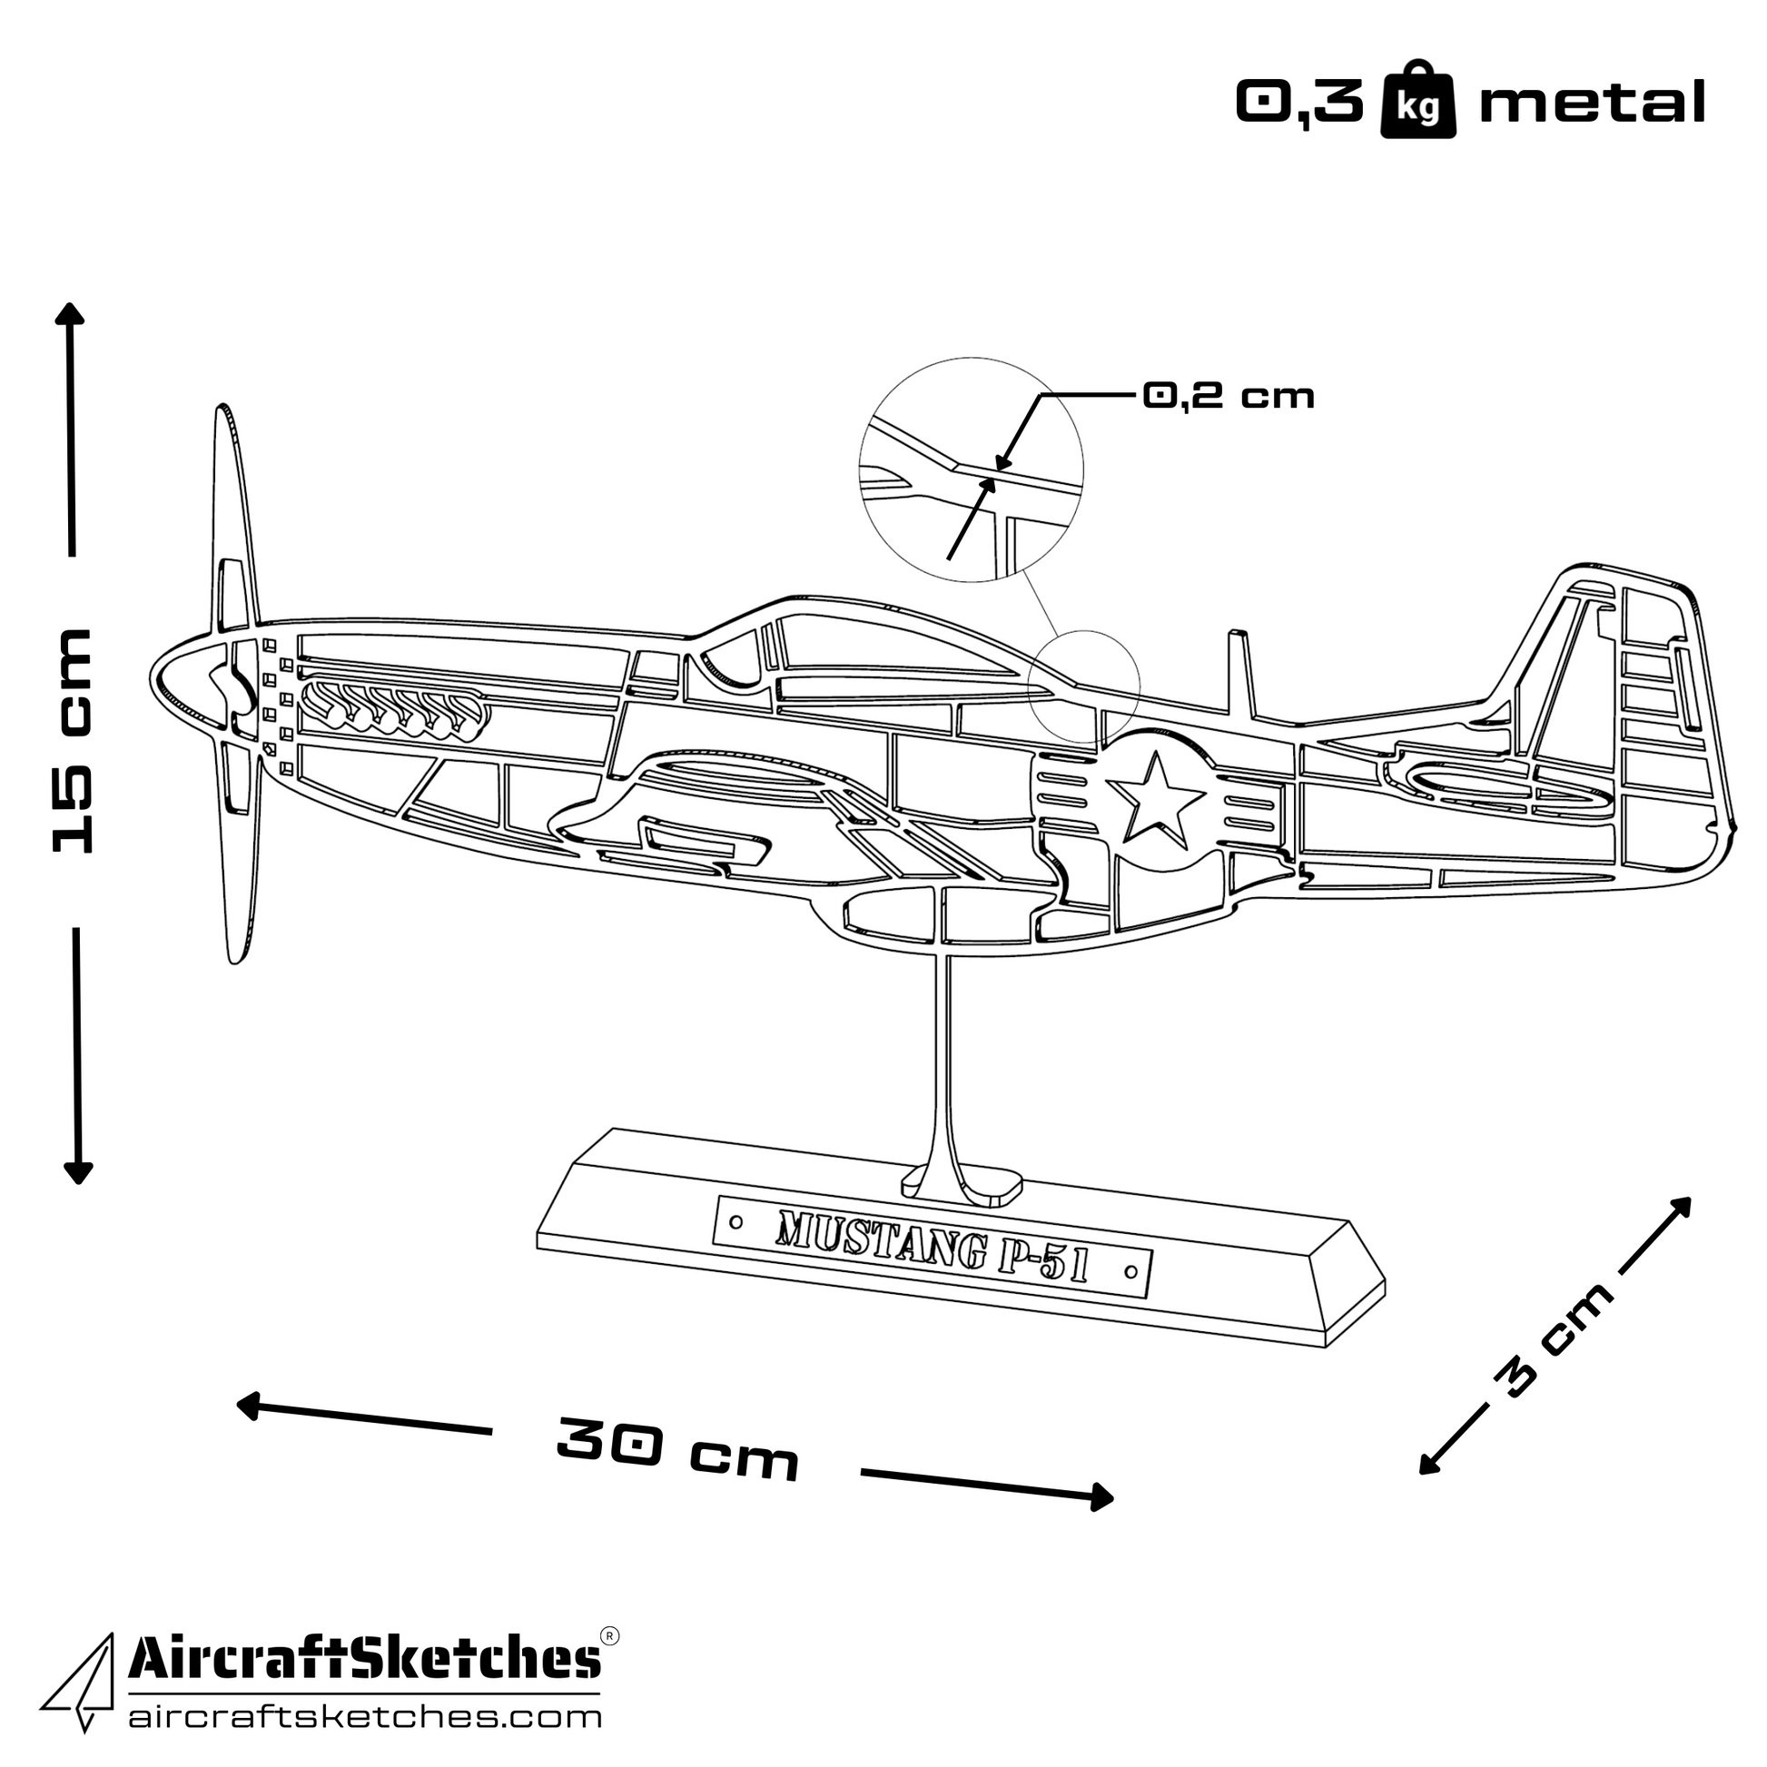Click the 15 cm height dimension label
[74, 741]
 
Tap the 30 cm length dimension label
[676, 1449]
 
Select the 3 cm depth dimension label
[1551, 1339]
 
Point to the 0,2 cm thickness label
[1229, 396]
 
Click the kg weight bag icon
[1417, 101]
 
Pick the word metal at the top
[1592, 103]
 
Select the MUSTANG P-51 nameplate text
[931, 1246]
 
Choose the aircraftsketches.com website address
[364, 1717]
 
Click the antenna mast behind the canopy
[1239, 672]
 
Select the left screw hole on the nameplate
[735, 1222]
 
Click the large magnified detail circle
[971, 469]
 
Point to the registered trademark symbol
[610, 1634]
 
